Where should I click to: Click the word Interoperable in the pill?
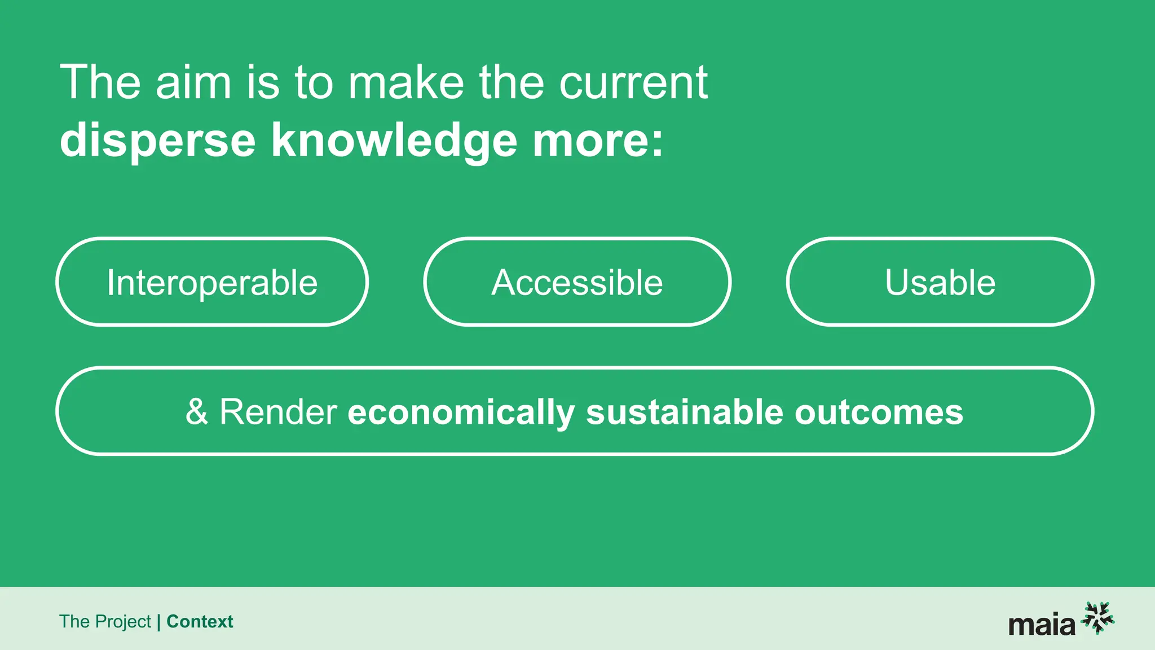tap(212, 282)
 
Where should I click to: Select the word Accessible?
tap(577, 282)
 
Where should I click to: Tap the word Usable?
tap(940, 282)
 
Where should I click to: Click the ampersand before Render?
tap(196, 412)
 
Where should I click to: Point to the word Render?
tap(278, 412)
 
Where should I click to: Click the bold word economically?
tap(461, 412)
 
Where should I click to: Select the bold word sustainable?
tap(685, 412)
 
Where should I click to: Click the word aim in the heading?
tap(193, 83)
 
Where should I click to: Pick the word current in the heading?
tap(633, 83)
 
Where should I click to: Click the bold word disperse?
tap(158, 140)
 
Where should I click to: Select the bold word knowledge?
tap(394, 140)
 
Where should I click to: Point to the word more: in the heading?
tap(598, 140)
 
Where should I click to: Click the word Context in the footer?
tap(200, 621)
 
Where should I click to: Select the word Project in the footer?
tap(123, 622)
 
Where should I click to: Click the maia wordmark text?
tap(1042, 625)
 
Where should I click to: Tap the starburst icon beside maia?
tap(1097, 618)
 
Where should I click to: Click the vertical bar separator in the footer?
tap(158, 622)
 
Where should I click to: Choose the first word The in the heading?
tap(100, 83)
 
